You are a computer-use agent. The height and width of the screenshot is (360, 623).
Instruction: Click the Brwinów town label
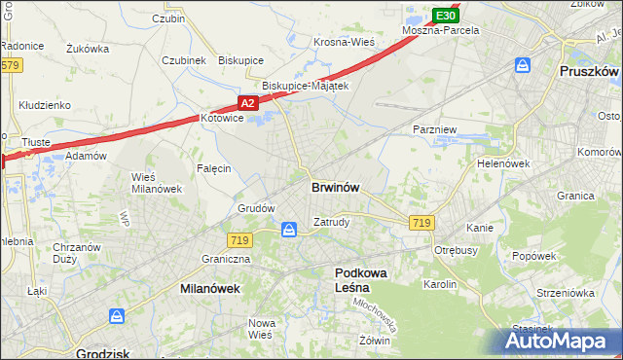[x=339, y=188]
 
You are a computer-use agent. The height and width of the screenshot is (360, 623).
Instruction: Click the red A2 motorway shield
[x=247, y=102]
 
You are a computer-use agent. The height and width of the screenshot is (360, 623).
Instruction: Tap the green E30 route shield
[x=445, y=16]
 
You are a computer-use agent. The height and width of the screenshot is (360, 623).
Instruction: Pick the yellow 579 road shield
[x=10, y=65]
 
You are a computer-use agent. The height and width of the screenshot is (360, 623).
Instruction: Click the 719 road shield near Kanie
[x=421, y=223]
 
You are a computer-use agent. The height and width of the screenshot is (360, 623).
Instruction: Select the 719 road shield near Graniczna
[x=240, y=239]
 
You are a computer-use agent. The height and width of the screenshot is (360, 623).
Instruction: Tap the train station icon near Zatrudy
[x=289, y=230]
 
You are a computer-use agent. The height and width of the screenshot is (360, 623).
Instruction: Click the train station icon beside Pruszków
[x=523, y=66]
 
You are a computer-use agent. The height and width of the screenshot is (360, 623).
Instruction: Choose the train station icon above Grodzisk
[x=116, y=316]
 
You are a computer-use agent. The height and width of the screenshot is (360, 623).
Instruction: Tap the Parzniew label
[x=430, y=128]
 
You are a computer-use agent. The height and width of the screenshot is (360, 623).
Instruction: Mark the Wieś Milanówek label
[x=150, y=183]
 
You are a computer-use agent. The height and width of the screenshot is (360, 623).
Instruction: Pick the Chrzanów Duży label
[x=77, y=253]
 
